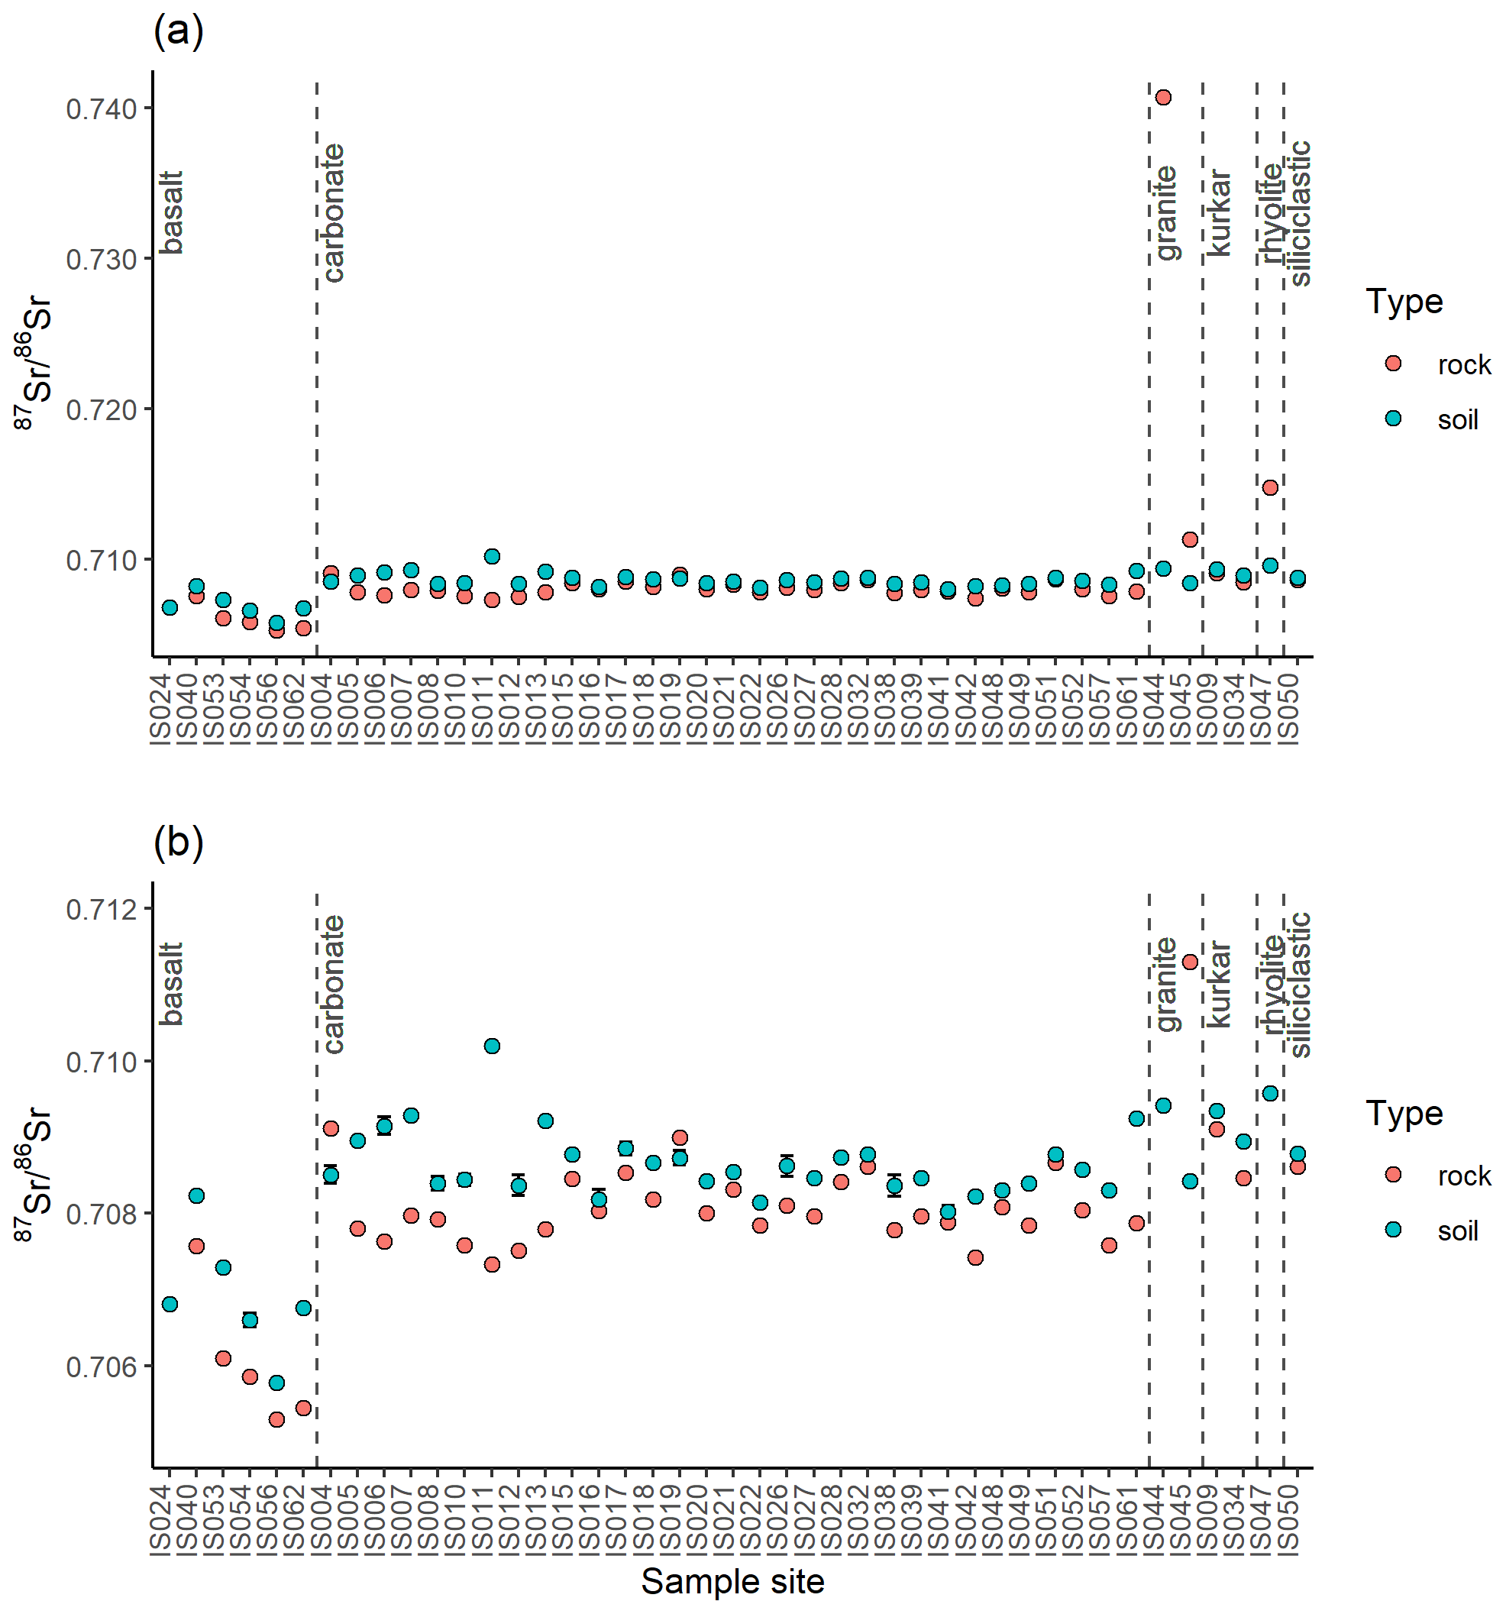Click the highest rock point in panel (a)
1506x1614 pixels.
pyautogui.click(x=1162, y=98)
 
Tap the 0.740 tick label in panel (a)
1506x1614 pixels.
pyautogui.click(x=101, y=108)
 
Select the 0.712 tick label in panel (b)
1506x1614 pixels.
pyautogui.click(x=101, y=910)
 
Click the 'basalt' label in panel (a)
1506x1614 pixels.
pyautogui.click(x=171, y=212)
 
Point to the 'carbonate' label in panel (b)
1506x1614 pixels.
pyautogui.click(x=333, y=984)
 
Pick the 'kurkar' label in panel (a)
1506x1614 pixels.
pyautogui.click(x=1218, y=212)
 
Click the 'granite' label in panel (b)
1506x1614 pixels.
pyautogui.click(x=1165, y=984)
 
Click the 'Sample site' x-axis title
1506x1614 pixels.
pyautogui.click(x=732, y=1581)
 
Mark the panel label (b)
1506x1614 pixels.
pyautogui.click(x=178, y=842)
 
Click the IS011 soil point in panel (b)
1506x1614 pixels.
pyautogui.click(x=492, y=1046)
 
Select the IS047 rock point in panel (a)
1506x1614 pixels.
pyautogui.click(x=1271, y=488)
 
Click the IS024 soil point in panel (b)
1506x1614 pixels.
pyautogui.click(x=170, y=1305)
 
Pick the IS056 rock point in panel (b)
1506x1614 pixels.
pyautogui.click(x=277, y=1420)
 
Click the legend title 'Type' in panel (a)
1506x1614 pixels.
pyautogui.click(x=1404, y=302)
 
